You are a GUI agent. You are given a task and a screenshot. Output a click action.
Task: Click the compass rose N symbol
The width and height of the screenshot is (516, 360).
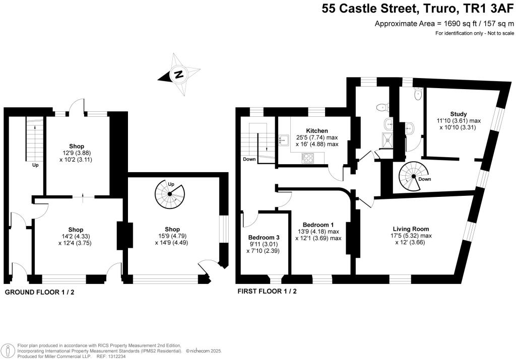(178, 75)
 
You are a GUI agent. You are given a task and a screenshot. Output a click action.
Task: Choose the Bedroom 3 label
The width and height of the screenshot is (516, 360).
(264, 238)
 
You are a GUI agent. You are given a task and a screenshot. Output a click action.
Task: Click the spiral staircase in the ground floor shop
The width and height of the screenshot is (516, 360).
(170, 194)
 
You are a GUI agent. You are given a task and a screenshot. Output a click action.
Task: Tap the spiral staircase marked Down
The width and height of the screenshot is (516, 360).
(413, 177)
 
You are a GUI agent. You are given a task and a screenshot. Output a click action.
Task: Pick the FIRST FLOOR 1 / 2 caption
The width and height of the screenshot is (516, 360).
(267, 292)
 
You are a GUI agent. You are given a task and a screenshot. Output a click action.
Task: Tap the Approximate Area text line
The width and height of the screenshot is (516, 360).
(444, 23)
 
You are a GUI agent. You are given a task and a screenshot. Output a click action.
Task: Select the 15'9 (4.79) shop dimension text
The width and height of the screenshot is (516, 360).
(171, 236)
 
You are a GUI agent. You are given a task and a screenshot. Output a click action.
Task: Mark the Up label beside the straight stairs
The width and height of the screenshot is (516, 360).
(35, 165)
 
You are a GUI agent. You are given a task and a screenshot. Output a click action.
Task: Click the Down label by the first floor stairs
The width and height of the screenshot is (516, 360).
(249, 159)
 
